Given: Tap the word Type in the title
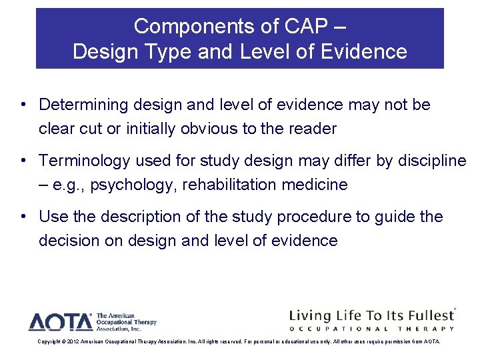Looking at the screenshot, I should pyautogui.click(x=165, y=51).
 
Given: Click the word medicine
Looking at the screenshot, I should pyautogui.click(x=315, y=185).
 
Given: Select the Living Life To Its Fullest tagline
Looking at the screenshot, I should pyautogui.click(x=370, y=315).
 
